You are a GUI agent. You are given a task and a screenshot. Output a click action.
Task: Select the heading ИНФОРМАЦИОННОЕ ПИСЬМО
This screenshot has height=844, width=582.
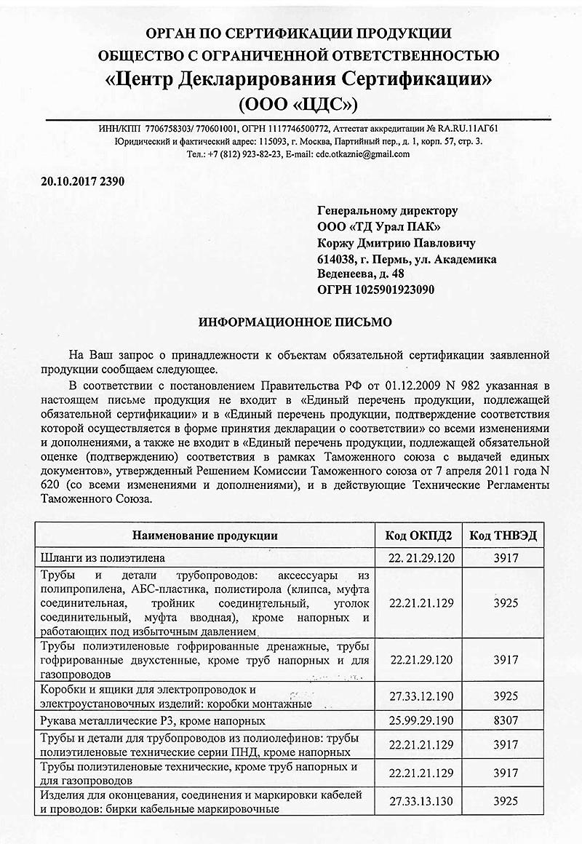(x=296, y=320)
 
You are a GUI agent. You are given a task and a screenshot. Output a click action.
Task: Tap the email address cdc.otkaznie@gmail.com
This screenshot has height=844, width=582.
(x=362, y=154)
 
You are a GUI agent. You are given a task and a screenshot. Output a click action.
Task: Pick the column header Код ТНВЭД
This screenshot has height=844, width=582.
(x=504, y=536)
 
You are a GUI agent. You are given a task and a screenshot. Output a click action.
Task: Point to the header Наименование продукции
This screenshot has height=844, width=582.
(x=204, y=536)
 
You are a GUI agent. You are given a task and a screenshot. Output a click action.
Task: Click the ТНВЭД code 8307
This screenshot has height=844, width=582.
(x=504, y=720)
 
